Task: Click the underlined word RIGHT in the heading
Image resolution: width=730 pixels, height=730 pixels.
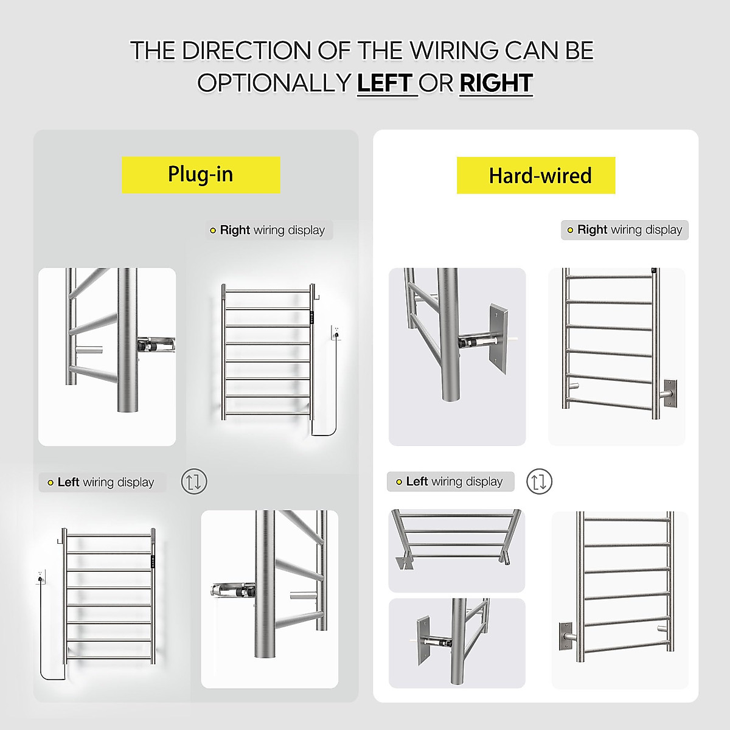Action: click(496, 83)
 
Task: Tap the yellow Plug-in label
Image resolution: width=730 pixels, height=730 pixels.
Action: click(201, 175)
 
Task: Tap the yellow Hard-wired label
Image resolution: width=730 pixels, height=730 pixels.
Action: click(536, 176)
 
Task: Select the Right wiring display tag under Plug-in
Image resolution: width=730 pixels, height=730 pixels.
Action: click(269, 231)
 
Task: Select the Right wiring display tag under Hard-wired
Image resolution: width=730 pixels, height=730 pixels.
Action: click(625, 230)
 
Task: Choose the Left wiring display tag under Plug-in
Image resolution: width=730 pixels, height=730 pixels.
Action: click(102, 482)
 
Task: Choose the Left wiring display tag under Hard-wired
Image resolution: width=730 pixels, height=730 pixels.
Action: click(450, 482)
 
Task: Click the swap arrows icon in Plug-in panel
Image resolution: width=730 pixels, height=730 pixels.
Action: click(194, 482)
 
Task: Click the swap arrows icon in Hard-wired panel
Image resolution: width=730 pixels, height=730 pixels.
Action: click(539, 482)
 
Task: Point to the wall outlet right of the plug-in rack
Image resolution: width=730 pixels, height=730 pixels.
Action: click(335, 332)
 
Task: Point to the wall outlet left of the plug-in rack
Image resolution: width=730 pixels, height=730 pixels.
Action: click(41, 576)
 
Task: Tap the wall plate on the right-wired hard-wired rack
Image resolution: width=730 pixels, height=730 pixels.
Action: click(670, 394)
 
